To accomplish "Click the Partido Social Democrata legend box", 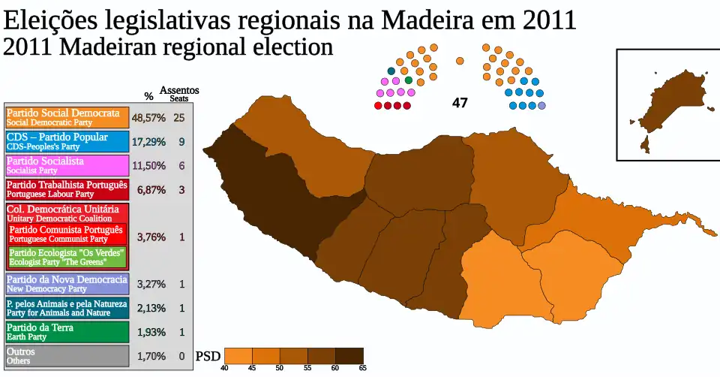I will [67, 117].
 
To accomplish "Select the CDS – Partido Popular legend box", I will [67, 142].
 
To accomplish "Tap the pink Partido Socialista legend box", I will [67, 166].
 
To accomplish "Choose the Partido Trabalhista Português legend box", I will [67, 189].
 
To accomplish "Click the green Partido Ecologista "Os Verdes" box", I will [67, 257].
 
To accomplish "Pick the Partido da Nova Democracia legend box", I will [67, 284].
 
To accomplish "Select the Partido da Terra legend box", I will [67, 332].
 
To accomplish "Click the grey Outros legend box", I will [67, 356].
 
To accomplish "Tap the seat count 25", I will [178, 117].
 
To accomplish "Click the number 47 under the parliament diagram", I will [460, 103].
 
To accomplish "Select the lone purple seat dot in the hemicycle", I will [541, 105].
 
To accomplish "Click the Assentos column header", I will [178, 91].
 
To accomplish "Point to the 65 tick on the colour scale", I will [363, 367].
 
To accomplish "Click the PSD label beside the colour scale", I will [208, 356].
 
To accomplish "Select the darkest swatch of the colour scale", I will [349, 355].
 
